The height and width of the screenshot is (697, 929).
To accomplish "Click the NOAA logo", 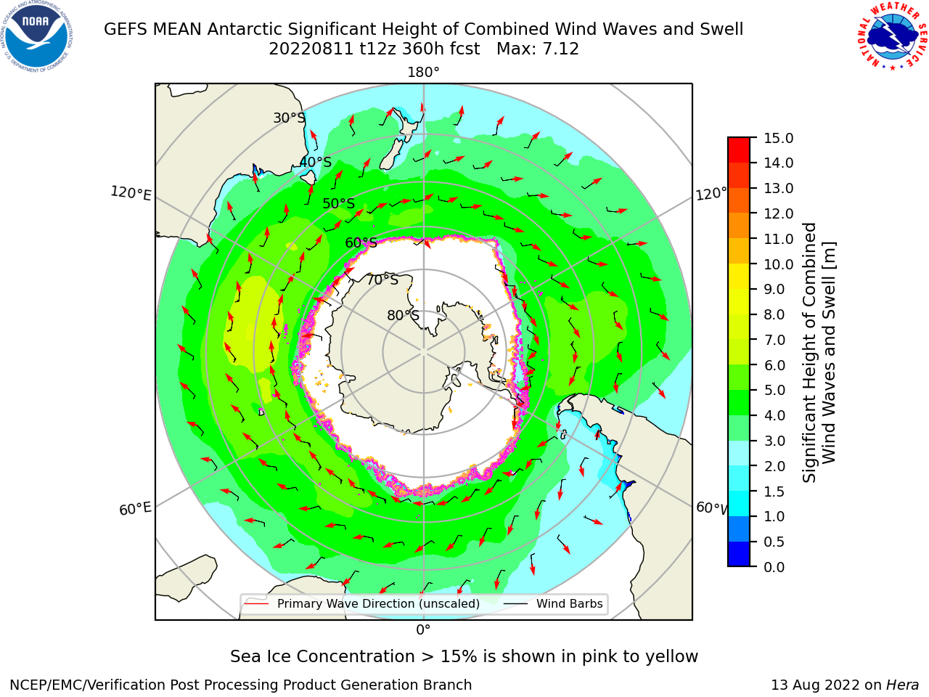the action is (x=36, y=36).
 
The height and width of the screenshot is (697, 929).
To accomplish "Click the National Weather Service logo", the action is (x=892, y=36).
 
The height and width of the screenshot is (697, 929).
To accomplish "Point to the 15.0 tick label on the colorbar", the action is (x=779, y=139).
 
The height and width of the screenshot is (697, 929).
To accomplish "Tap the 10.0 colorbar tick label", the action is (x=779, y=264).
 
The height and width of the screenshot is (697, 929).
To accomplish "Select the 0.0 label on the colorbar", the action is (x=774, y=567).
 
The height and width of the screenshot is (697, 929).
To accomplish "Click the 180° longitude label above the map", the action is (x=423, y=73).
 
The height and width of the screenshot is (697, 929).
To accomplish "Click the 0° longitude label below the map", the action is (x=423, y=630).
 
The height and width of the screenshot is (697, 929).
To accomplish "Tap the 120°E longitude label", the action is (x=131, y=193).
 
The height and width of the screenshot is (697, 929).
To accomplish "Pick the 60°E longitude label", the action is (x=135, y=509).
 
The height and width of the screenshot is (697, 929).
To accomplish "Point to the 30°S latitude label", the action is (x=290, y=118).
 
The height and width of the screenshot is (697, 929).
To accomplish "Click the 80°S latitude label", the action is (x=404, y=315).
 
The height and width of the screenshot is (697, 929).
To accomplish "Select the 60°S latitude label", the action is (x=361, y=242).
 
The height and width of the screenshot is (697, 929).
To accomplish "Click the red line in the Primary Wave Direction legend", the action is (x=257, y=603).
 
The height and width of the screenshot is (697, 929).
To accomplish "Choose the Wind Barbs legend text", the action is (x=569, y=603).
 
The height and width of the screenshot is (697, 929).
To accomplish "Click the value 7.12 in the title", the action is (x=561, y=49).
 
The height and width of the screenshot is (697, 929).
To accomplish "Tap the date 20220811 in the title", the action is (x=311, y=49).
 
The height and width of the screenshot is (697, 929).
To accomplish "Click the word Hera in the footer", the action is (x=903, y=685).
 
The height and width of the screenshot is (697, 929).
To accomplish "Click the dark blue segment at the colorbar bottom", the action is (x=739, y=554).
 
